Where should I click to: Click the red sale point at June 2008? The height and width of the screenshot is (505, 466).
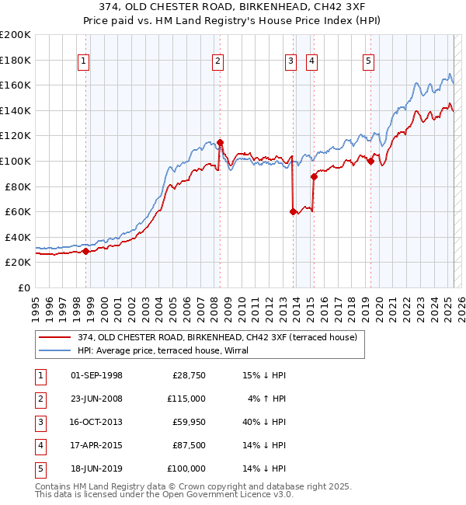click(221, 142)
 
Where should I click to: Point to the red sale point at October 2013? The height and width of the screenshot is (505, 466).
click(293, 211)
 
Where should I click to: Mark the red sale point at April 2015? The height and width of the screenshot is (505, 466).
click(314, 177)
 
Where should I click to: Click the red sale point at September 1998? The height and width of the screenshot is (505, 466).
click(85, 251)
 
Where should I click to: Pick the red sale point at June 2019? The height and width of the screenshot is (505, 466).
click(370, 161)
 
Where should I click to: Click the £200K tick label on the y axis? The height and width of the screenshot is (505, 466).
click(16, 35)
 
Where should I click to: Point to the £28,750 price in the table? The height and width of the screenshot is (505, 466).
click(189, 375)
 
